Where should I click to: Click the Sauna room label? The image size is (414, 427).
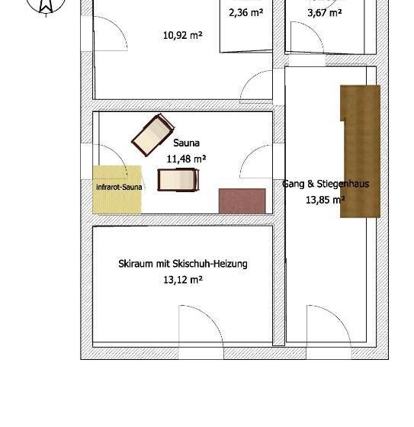point(187,143)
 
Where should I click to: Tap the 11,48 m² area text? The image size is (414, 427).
point(187,159)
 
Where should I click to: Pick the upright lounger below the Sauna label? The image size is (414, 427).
point(178,180)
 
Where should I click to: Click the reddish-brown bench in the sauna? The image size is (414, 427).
point(242,201)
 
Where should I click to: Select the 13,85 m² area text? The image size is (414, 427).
point(326,200)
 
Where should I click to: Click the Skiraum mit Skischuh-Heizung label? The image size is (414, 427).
point(182,264)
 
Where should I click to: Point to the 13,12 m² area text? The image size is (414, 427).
point(182,280)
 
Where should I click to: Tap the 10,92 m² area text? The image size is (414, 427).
point(182,34)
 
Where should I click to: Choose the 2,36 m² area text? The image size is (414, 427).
point(246,12)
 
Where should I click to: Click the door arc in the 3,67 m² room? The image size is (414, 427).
point(302,39)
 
